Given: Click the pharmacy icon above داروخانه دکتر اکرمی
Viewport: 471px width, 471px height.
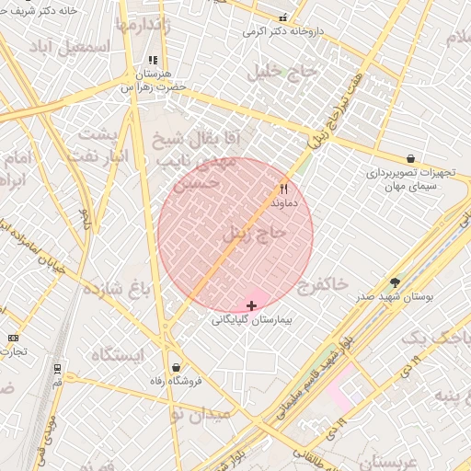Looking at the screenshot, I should pyautogui.click(x=283, y=17).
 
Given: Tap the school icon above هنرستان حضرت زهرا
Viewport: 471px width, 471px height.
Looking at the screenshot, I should pyautogui.click(x=153, y=61).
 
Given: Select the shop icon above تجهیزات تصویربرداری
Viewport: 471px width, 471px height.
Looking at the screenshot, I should pyautogui.click(x=409, y=158).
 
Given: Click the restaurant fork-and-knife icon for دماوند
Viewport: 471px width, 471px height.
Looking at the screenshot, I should pyautogui.click(x=282, y=188).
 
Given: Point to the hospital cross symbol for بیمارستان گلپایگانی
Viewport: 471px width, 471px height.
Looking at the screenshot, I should pyautogui.click(x=251, y=304).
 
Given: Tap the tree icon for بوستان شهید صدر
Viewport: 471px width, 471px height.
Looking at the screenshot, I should pyautogui.click(x=396, y=282).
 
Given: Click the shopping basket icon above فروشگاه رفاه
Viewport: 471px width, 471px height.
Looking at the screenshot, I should pyautogui.click(x=176, y=367).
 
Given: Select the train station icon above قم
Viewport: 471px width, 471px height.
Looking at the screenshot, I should pyautogui.click(x=58, y=369).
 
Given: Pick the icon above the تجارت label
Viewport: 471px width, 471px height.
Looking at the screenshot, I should pyautogui.click(x=13, y=338).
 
